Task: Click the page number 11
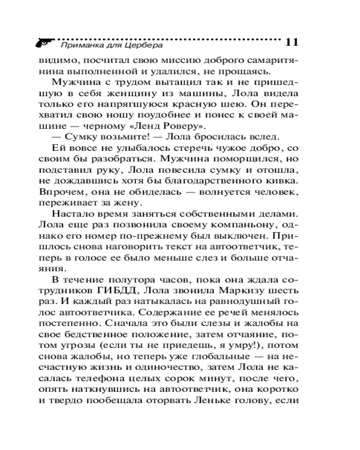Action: pyautogui.click(x=292, y=42)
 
